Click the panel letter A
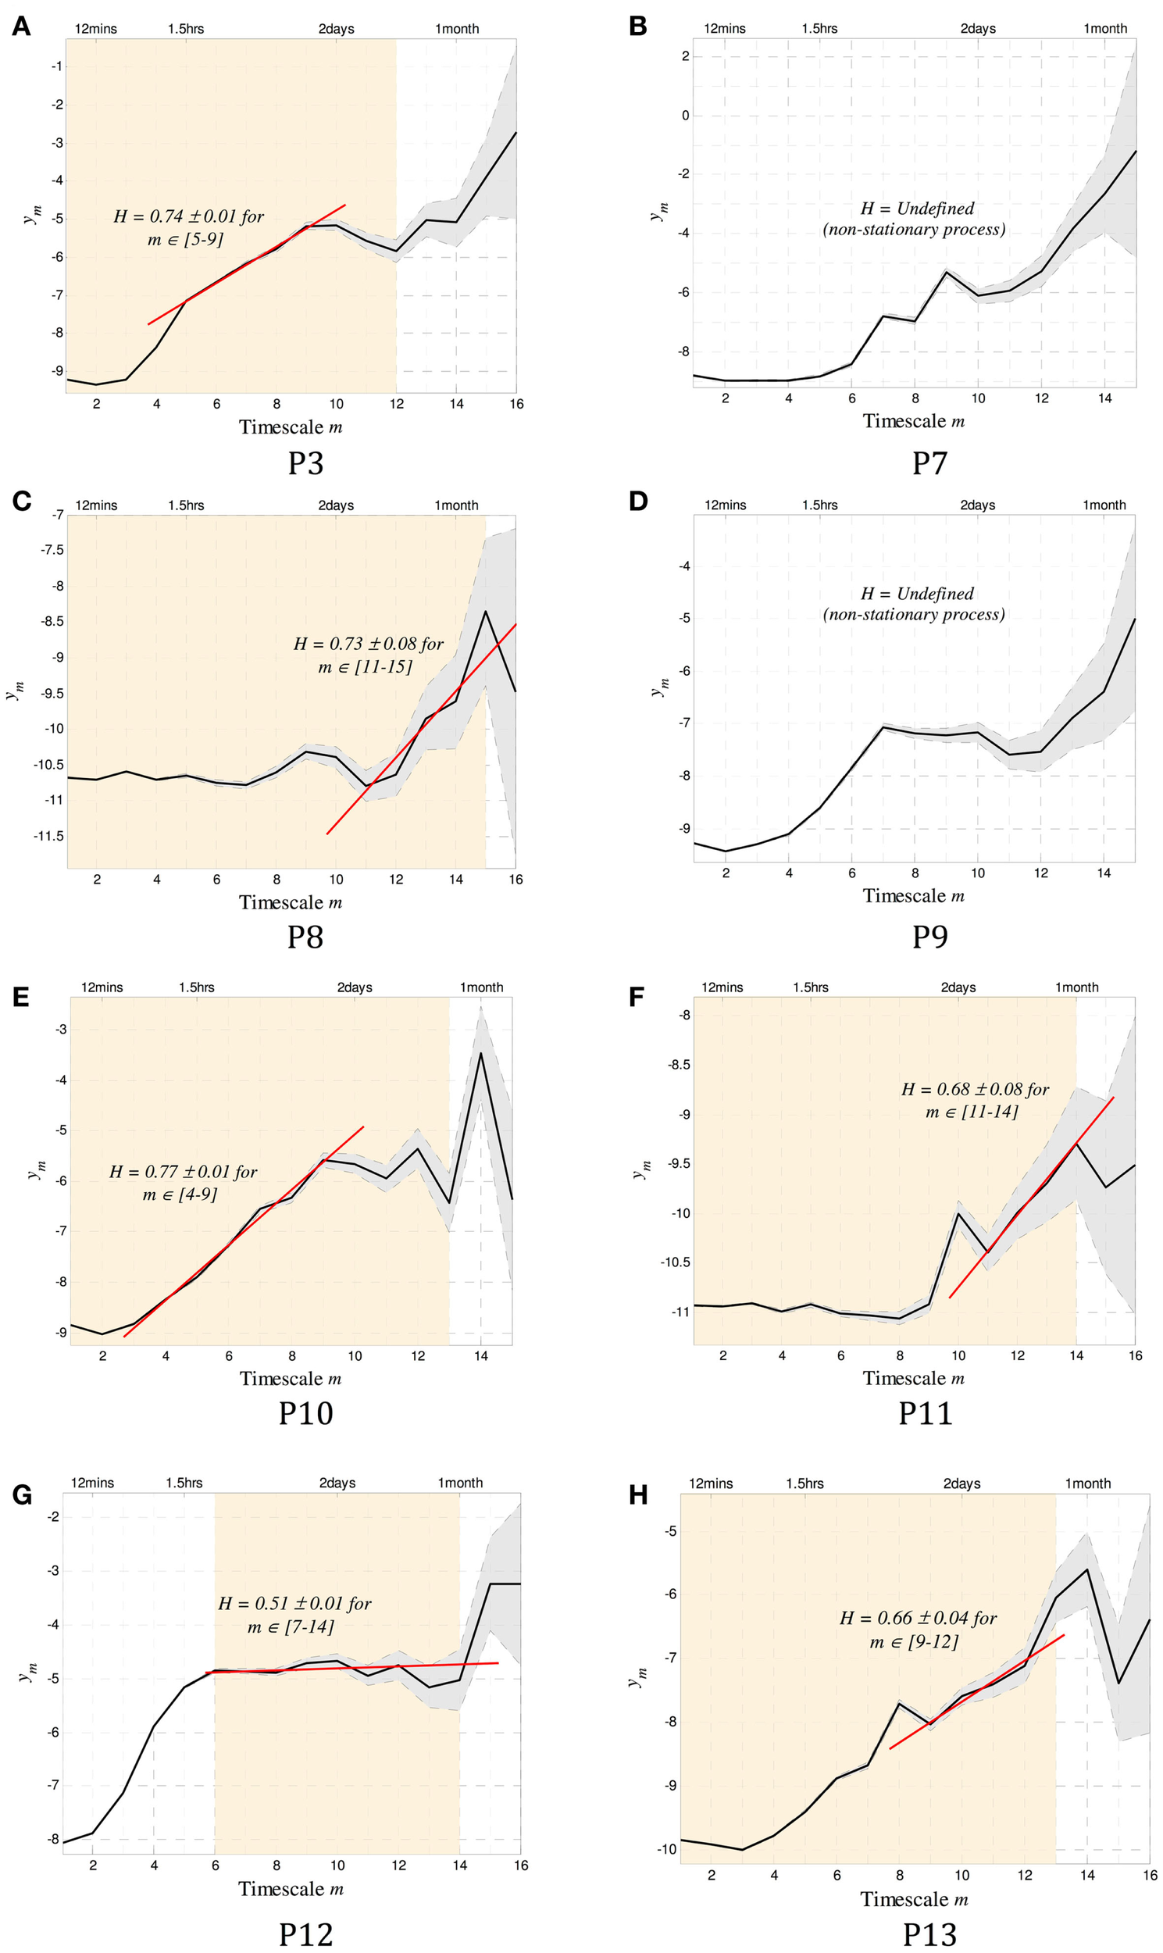pos(21,27)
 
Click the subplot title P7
pos(929,462)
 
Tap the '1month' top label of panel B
pos(1105,29)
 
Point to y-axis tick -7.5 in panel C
pos(52,550)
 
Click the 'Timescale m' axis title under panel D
pos(913,896)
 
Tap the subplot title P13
pos(929,1934)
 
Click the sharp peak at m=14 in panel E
pos(480,1053)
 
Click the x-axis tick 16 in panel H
pos(1150,1876)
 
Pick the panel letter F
pos(637,997)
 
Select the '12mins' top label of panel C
pos(96,505)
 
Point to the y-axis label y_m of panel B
pos(659,212)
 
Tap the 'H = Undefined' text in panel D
pos(916,594)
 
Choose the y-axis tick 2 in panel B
pos(685,55)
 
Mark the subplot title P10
pos(305,1413)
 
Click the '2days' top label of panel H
pos(961,1483)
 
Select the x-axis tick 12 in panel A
pos(397,405)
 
